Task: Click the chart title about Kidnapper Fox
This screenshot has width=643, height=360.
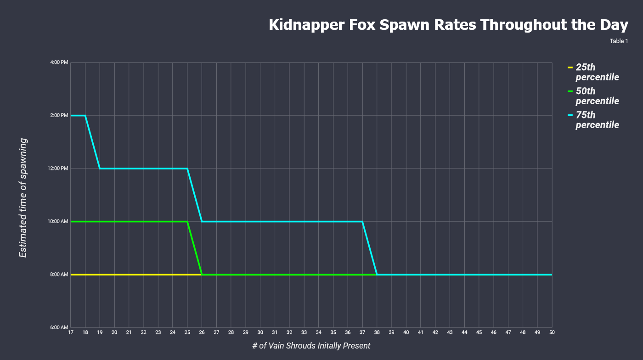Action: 448,25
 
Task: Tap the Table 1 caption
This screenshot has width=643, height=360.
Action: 619,41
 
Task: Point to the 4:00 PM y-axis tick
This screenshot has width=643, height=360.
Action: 59,62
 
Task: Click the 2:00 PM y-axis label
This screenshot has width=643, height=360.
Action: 59,115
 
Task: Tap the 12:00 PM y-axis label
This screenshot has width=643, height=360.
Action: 58,169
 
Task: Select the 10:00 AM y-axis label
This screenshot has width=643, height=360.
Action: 58,221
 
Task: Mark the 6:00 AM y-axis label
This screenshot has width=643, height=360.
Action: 59,327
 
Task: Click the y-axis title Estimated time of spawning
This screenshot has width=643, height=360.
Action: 23,197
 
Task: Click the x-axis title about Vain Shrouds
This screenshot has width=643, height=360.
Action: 311,346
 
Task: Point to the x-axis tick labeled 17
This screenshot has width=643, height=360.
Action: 71,332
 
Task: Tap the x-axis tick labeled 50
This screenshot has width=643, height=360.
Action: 552,332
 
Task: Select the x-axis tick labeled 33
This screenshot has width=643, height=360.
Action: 304,332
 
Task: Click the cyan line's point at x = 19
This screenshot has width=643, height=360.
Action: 100,169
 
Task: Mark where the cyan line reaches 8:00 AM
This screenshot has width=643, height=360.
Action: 377,275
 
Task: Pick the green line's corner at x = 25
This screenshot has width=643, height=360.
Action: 187,221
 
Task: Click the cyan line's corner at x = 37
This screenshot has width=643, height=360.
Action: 362,221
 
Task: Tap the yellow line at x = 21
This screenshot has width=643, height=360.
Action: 129,275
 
